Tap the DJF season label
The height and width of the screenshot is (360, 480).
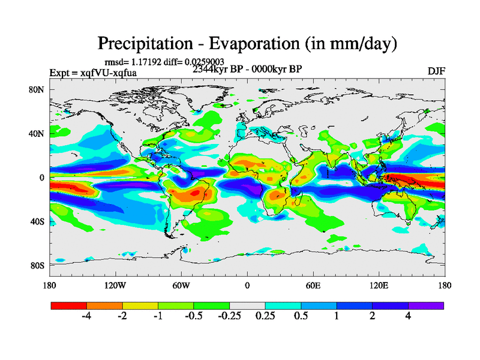tap(436, 71)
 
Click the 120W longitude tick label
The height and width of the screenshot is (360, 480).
tap(115, 286)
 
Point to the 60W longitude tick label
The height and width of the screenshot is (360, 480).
tap(181, 286)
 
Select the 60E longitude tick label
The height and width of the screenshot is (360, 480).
tap(313, 286)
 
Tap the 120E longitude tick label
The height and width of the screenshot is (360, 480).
tap(379, 286)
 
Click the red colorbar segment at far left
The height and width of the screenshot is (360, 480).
tap(69, 305)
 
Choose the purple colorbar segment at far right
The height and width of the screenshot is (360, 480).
tap(426, 305)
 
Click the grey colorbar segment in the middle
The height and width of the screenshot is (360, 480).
tap(247, 305)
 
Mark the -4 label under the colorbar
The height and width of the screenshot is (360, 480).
tap(86, 316)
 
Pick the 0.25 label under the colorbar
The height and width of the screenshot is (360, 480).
tap(265, 316)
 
